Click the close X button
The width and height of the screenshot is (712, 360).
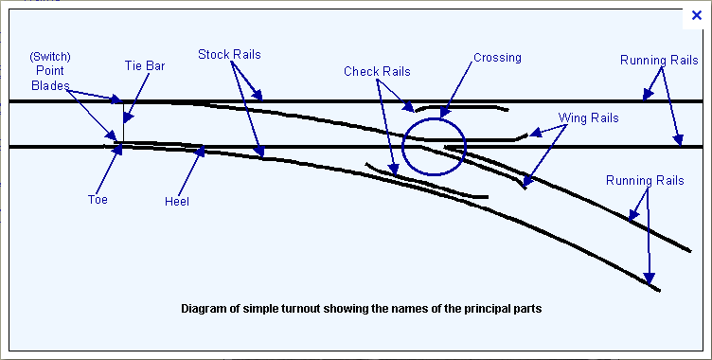[697, 16]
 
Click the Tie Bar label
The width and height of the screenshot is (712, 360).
[145, 66]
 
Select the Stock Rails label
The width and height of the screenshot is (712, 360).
[229, 55]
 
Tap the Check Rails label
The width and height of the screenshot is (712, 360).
[377, 71]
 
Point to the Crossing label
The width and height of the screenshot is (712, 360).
[497, 58]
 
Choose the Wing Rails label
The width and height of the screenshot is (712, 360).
[589, 118]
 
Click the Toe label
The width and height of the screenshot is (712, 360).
[98, 200]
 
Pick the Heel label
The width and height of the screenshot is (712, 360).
[177, 202]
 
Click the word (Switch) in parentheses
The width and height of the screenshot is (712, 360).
[50, 58]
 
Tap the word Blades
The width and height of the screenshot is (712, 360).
[50, 85]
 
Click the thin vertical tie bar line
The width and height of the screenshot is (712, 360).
[123, 122]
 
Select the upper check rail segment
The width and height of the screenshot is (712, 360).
[461, 107]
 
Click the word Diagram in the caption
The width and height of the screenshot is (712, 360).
[202, 309]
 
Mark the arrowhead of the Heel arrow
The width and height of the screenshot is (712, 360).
[200, 152]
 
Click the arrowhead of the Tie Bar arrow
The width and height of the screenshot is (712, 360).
[128, 117]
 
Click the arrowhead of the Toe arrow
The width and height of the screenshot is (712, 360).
[118, 149]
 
